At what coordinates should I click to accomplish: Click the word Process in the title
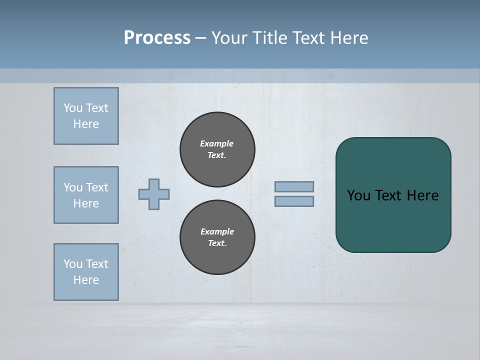[x=157, y=38]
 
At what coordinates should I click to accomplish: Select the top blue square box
[x=86, y=116]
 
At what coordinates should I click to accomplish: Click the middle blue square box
[x=86, y=195]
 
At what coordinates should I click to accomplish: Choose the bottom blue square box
[x=86, y=272]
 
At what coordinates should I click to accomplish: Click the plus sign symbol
[x=154, y=194]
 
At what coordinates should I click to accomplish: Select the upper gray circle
[x=217, y=149]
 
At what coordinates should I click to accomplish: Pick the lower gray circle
[x=217, y=237]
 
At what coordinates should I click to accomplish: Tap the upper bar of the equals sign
[x=294, y=186]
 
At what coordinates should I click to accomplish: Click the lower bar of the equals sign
[x=294, y=201]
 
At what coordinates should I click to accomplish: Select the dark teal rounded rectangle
[x=393, y=220]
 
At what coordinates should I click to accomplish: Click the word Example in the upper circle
[x=217, y=143]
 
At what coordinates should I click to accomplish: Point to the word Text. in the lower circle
[x=217, y=243]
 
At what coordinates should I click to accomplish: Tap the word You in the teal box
[x=358, y=195]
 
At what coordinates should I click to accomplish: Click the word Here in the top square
[x=86, y=124]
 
